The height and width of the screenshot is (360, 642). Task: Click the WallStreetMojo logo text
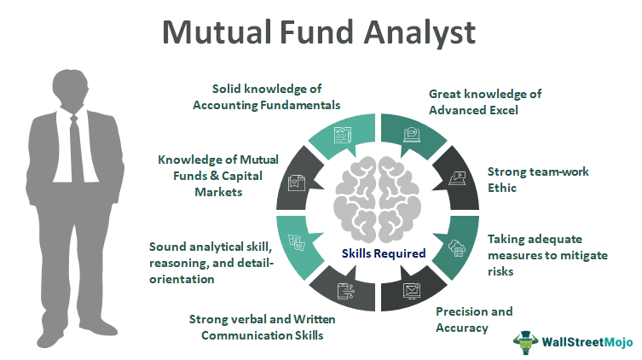coord(588,342)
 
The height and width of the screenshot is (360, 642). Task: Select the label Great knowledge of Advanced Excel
coord(485,102)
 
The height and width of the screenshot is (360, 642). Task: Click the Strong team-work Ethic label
coord(524,179)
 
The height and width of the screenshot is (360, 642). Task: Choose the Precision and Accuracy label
coord(474,319)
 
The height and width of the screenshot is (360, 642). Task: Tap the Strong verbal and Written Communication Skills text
coord(255,328)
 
